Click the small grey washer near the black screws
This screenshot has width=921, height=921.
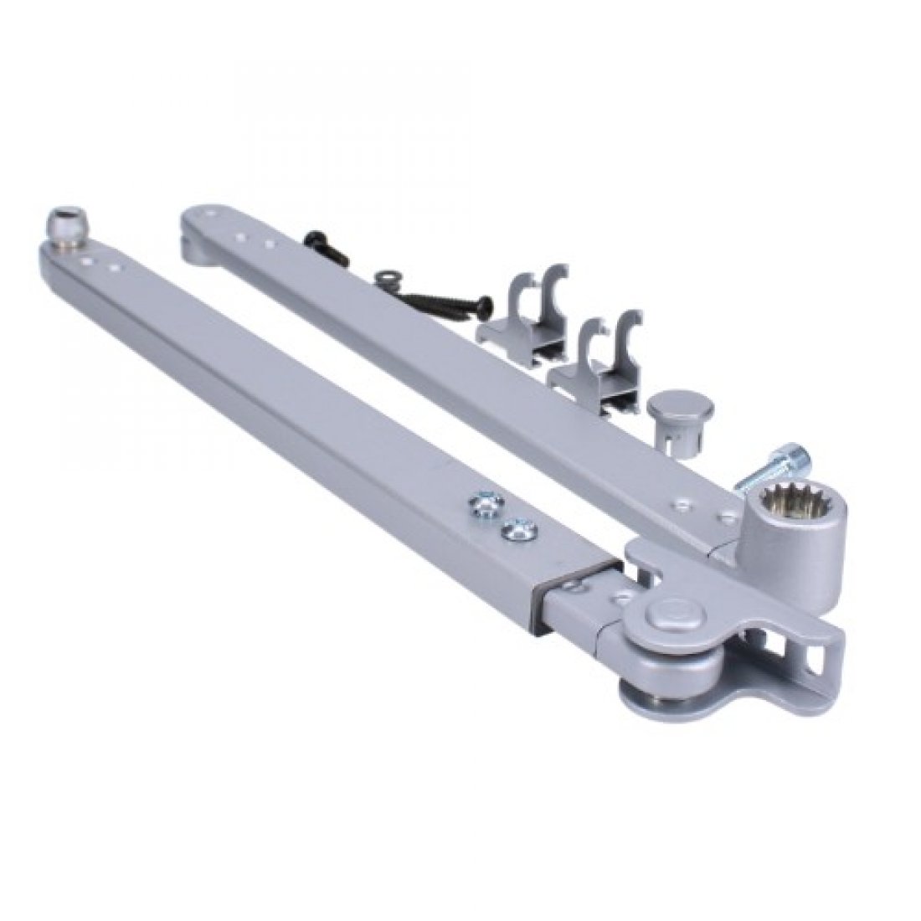click(388, 276)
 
